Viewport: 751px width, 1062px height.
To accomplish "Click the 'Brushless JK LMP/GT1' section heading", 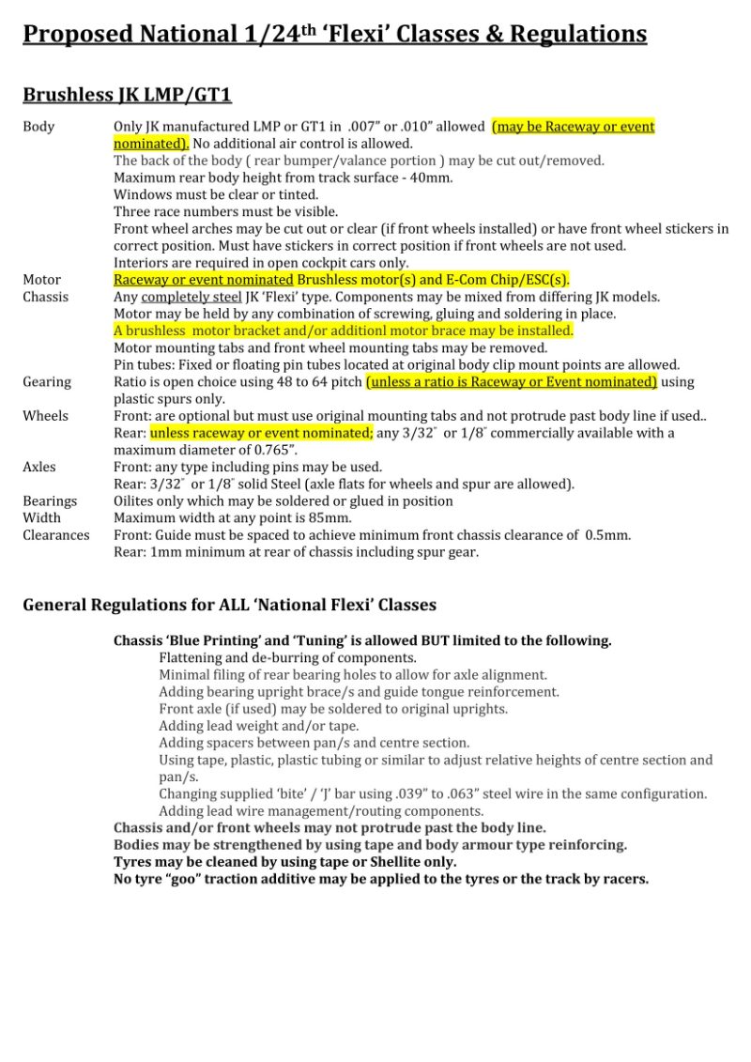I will tap(127, 95).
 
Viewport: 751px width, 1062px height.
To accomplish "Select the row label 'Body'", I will tap(38, 127).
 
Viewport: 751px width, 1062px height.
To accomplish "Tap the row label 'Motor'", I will tap(41, 280).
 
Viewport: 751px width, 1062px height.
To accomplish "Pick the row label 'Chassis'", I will tap(45, 297).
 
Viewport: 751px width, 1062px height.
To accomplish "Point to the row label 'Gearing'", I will tap(47, 382).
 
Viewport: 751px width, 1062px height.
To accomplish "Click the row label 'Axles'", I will tap(39, 467).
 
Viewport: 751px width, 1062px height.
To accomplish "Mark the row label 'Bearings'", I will tap(50, 501).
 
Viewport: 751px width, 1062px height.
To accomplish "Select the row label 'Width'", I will tap(41, 518).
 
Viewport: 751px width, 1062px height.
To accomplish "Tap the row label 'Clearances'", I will tap(56, 535).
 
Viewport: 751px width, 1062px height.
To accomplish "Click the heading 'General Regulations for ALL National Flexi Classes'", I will tap(229, 605).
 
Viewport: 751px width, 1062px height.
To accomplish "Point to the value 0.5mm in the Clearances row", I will tap(606, 535).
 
